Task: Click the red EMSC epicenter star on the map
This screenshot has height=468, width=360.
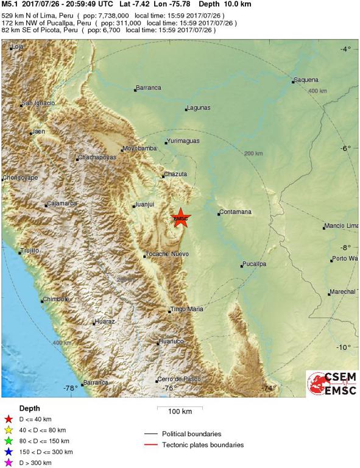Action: [x=181, y=218]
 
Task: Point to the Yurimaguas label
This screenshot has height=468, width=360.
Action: [x=184, y=142]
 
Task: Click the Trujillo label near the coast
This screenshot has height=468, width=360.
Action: [x=29, y=250]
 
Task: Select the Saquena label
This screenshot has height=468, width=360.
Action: [x=306, y=80]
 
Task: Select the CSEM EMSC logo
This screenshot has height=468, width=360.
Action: [x=332, y=386]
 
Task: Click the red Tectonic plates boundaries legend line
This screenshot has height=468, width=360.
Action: [x=152, y=445]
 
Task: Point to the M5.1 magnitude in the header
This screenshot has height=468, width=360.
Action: [x=9, y=4]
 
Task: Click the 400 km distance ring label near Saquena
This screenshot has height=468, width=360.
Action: [x=317, y=91]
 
